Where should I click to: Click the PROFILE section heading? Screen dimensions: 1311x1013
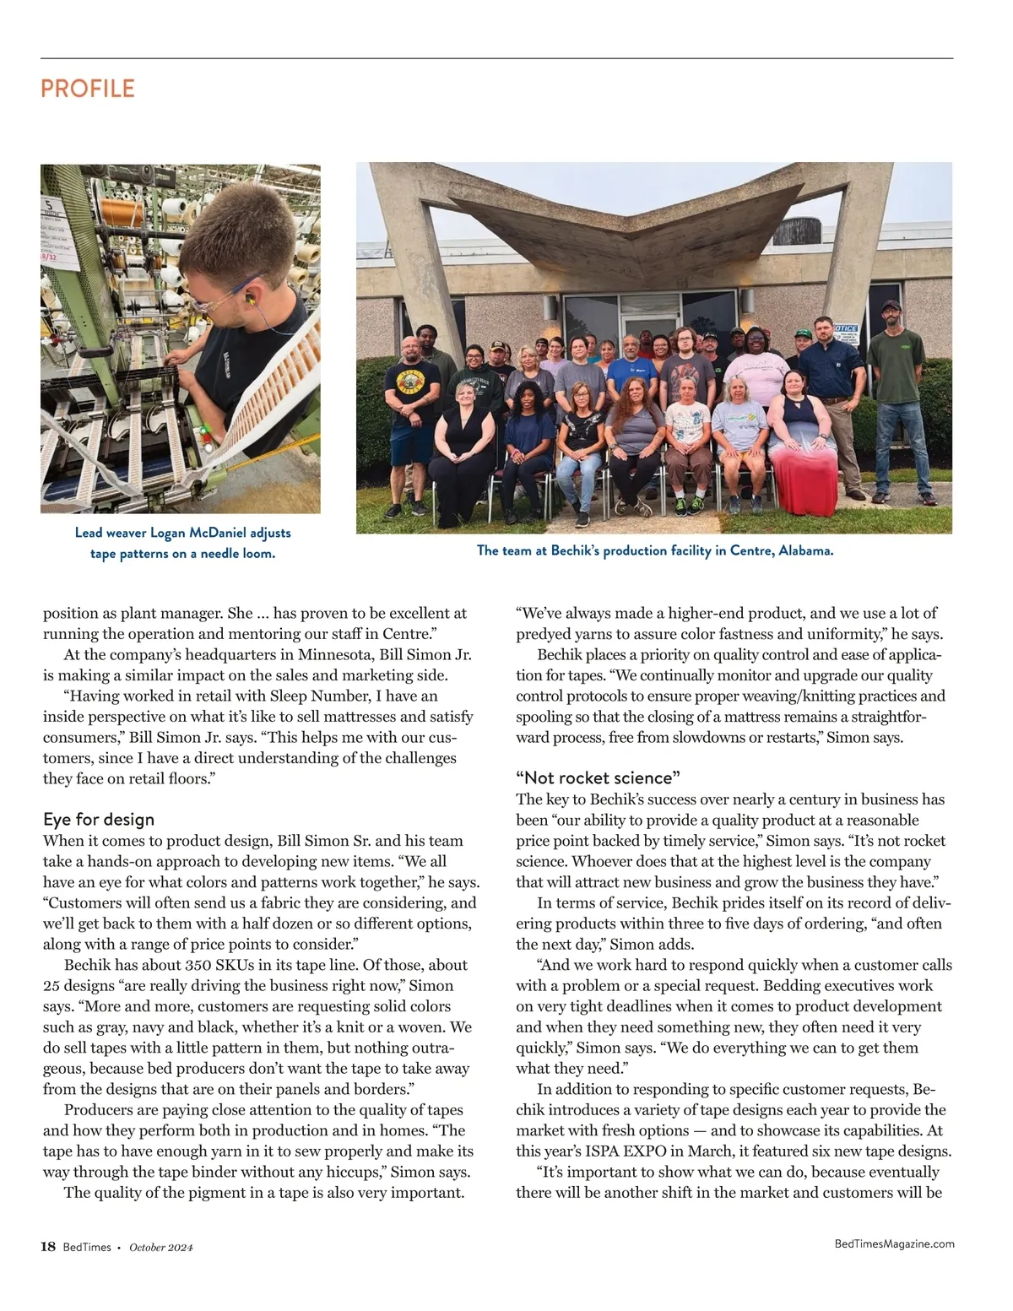(88, 89)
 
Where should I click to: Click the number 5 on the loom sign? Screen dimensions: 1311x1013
(49, 206)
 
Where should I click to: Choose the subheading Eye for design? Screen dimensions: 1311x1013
(99, 819)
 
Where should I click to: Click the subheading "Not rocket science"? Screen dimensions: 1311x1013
(599, 777)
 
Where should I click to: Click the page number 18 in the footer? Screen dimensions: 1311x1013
(48, 1247)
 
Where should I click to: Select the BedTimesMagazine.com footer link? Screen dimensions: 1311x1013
(894, 1243)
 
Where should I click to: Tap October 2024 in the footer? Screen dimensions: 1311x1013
(161, 1248)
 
